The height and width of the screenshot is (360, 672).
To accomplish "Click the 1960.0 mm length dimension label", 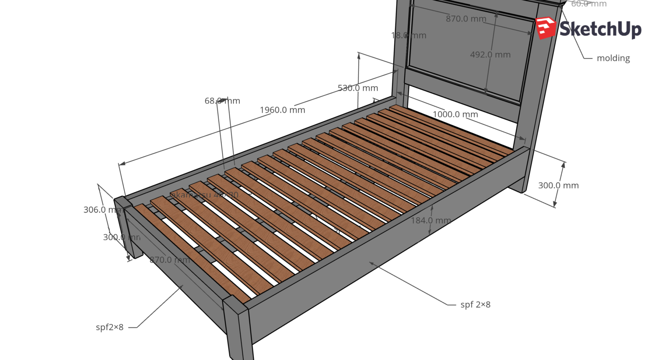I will click(x=282, y=110).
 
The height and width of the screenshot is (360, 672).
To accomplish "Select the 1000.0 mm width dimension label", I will click(x=455, y=115).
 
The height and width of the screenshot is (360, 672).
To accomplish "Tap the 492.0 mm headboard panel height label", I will click(x=490, y=55).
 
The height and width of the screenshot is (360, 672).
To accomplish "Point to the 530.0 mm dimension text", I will click(x=357, y=88).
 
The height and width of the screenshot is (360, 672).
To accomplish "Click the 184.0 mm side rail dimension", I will click(x=430, y=220).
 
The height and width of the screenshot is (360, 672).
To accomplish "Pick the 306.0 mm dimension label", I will click(x=102, y=210).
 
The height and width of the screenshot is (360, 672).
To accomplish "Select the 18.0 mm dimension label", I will click(x=408, y=35).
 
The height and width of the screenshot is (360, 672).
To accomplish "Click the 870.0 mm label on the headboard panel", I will click(x=466, y=19).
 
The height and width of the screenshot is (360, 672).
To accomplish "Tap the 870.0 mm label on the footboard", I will click(x=170, y=260).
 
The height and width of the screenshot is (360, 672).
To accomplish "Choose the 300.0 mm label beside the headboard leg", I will click(x=558, y=185).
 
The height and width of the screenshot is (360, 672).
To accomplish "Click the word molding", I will click(x=613, y=58).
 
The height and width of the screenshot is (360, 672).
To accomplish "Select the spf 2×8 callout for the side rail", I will click(x=475, y=305).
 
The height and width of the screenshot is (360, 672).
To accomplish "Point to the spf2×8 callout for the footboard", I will click(x=110, y=327).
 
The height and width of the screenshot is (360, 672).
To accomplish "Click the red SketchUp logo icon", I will click(x=545, y=28).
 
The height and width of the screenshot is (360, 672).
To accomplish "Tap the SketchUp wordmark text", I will click(x=600, y=30).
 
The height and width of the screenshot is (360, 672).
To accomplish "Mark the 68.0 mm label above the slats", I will click(x=222, y=101).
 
